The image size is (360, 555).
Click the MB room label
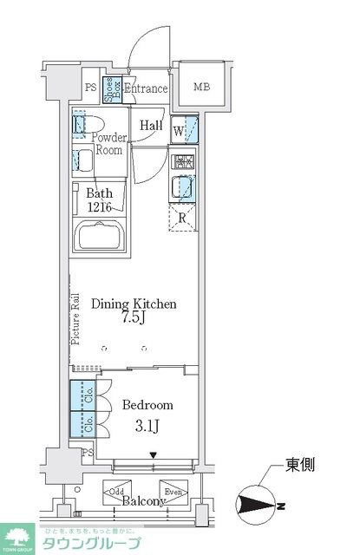[201, 87]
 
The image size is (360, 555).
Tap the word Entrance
[145, 88]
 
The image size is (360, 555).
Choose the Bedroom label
[148, 405]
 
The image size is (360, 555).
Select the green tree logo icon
[16, 539]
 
